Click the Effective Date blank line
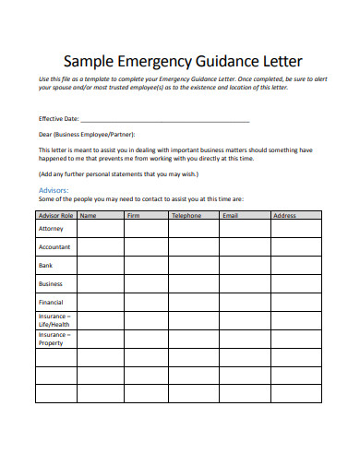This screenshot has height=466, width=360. pos(165,119)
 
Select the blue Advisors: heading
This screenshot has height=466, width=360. pos(54,190)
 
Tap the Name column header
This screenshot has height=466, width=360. pos(90,215)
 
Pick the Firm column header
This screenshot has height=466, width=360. pos(133,215)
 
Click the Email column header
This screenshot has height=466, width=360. pos(231,215)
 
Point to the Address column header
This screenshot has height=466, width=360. pos(284,215)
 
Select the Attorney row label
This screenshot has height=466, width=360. pos(51,228)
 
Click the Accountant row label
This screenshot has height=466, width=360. pos(54,246)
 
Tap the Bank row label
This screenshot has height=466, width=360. pos(46,265)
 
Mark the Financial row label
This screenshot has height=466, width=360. pos(51,302)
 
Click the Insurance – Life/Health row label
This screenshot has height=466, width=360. pos(54,320)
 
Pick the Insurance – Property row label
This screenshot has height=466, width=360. pos(53,339)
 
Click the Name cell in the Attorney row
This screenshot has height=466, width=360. pos(101,229)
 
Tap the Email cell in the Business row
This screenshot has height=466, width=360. pos(245,284)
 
